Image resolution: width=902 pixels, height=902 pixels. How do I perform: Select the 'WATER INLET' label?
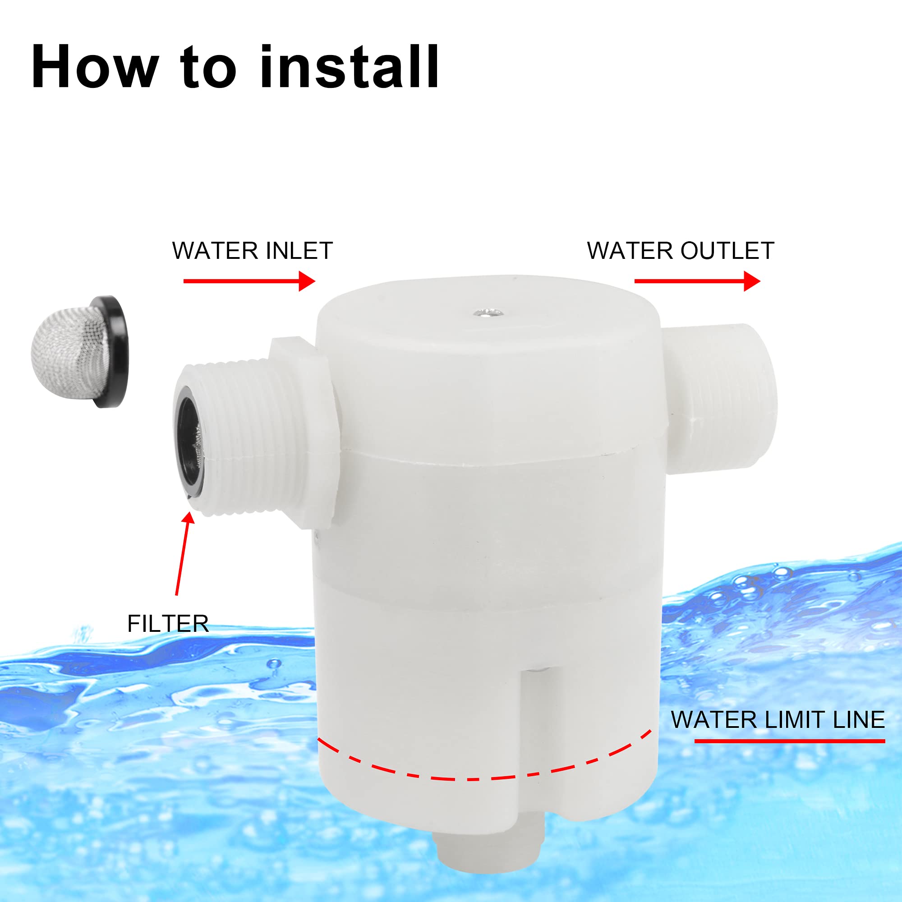pos(252,251)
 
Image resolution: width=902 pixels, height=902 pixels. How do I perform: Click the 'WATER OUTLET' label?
pos(680,251)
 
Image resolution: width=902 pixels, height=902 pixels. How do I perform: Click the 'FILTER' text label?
pos(168,624)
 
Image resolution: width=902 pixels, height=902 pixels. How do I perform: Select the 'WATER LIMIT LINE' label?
pos(778,719)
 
